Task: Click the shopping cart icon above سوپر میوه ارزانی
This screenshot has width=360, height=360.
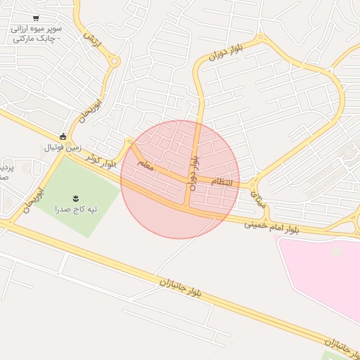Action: click(36, 19)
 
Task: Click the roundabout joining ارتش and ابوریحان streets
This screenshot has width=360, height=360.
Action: click(115, 61)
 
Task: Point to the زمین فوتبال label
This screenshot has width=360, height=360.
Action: click(64, 148)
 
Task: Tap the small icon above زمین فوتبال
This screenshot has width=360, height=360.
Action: click(63, 136)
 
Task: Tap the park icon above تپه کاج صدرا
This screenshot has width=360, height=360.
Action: click(76, 196)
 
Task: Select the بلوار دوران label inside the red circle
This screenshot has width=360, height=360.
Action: click(193, 171)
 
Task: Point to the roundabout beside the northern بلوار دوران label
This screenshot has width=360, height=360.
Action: click(261, 37)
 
